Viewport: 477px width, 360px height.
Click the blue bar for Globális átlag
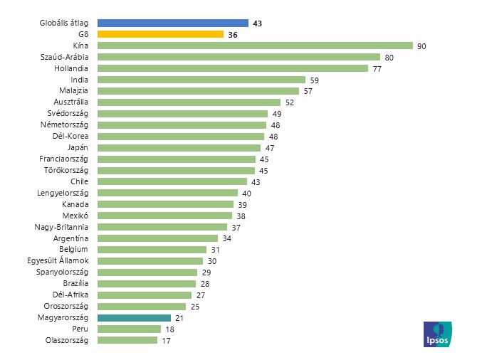172,23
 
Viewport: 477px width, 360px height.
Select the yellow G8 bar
160,34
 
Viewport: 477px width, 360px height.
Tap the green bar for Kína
255,46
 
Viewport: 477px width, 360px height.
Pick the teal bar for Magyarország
134,317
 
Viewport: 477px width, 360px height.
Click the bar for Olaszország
127,340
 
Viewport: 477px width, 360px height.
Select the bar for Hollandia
232,68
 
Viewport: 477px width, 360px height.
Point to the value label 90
421,46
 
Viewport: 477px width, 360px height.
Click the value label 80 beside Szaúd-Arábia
389,57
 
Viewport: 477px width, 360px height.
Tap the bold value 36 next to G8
233,34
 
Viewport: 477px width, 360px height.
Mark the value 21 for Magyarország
179,317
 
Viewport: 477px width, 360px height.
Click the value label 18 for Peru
169,329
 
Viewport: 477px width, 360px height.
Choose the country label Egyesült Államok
57,261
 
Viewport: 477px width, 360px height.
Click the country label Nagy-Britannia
61,227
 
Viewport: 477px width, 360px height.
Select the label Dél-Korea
70,136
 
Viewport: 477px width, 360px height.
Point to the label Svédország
68,114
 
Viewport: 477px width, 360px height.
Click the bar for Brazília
146,283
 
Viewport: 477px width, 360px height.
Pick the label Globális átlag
63,23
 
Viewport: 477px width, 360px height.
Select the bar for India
201,80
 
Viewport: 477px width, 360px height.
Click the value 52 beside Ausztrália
290,102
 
